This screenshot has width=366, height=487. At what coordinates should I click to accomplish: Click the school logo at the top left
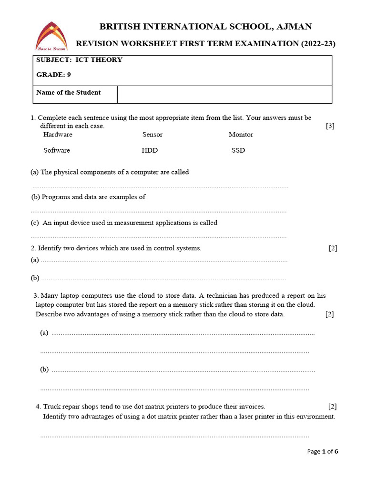coord(51,36)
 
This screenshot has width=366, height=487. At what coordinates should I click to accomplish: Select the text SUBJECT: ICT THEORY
coord(79,60)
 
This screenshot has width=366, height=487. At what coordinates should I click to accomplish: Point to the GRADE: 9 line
coord(54,75)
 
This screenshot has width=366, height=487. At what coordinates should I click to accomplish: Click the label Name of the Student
coord(69,93)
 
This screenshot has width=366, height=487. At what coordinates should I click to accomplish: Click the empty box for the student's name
coord(224,94)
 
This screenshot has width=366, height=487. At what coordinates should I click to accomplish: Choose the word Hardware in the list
coord(58,135)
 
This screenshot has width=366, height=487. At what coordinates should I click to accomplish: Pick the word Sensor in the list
coord(152,135)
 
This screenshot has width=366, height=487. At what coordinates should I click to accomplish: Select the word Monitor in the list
coord(241,135)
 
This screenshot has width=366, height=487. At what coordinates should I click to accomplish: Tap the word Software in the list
coord(57,150)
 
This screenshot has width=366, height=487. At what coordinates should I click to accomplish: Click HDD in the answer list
coord(150,150)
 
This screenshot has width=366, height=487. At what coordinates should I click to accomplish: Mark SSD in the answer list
coord(238,150)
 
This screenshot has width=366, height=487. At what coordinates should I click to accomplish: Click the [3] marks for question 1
coord(330,126)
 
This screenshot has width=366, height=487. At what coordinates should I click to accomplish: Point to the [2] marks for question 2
coord(333,248)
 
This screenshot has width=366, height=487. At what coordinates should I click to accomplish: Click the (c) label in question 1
coord(34,223)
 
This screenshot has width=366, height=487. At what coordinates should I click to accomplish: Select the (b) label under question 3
coord(44,370)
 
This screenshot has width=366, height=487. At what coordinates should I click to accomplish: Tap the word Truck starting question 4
coord(52,407)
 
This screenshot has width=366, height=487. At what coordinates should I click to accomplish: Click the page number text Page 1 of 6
coord(323,451)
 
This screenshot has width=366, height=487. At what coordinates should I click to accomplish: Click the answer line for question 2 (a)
coord(164,261)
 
